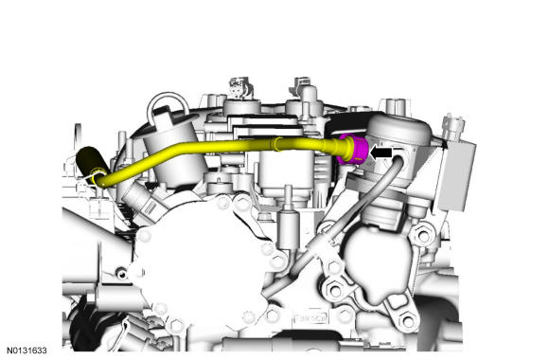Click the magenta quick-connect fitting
point(355,149)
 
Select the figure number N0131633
point(27,351)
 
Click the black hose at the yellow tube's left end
point(90,164)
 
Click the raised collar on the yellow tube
point(276,144)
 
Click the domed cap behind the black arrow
point(399,129)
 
